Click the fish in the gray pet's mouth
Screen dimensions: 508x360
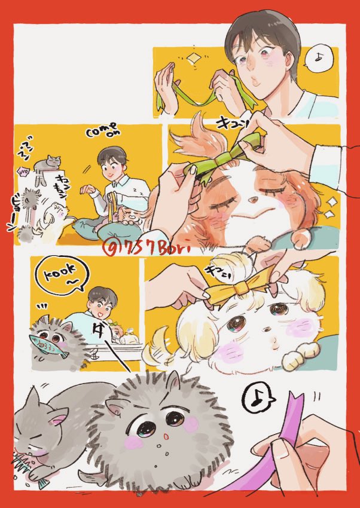click(39, 343)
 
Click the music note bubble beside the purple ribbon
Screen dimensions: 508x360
click(258, 401)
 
